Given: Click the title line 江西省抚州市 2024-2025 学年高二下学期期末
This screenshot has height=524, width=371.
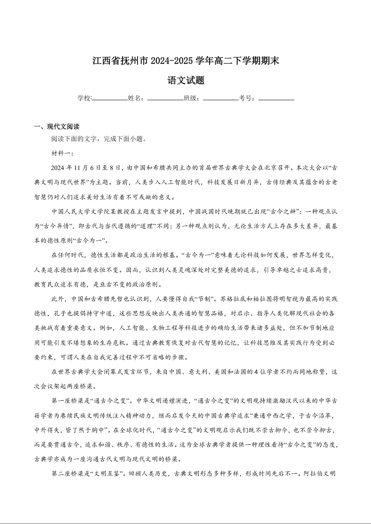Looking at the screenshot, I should [x=186, y=61].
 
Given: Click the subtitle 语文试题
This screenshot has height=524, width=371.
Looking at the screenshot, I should [x=186, y=80].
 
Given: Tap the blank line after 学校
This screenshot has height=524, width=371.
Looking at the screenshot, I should [x=110, y=99].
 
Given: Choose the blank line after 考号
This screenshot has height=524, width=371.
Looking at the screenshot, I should [x=276, y=99].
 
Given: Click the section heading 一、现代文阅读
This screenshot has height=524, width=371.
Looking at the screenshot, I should [x=57, y=127].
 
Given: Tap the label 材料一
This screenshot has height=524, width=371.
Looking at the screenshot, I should [x=59, y=153].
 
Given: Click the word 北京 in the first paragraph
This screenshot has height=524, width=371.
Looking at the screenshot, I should [x=254, y=167].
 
